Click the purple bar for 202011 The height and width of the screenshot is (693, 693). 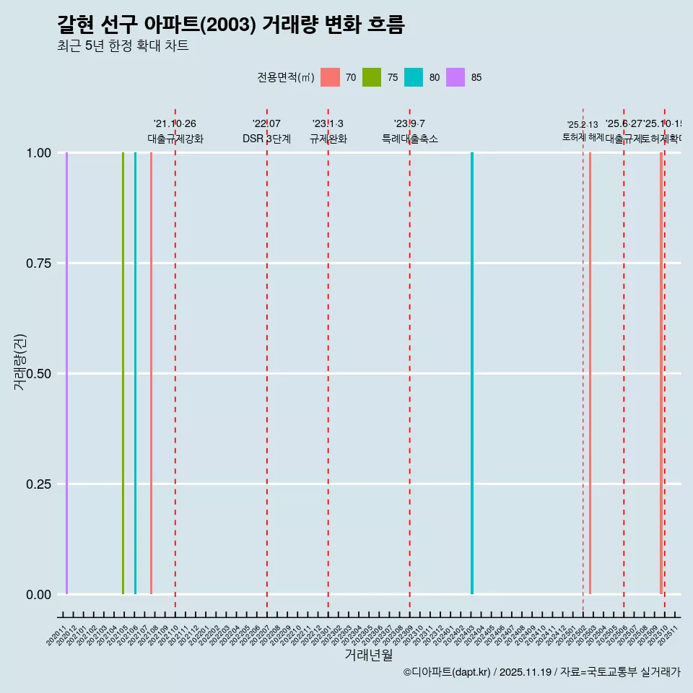tap(66, 373)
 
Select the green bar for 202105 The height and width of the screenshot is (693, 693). tap(123, 373)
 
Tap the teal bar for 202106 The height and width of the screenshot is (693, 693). tap(135, 373)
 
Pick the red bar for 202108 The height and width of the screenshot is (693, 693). tap(151, 373)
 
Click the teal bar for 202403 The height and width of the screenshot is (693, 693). tap(472, 373)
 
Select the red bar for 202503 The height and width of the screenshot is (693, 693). tap(590, 373)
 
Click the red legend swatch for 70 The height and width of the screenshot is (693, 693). tap(330, 77)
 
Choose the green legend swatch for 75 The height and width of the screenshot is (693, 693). tap(372, 77)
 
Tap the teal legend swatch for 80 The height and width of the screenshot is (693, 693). tap(414, 77)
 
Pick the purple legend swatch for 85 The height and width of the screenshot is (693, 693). tap(456, 77)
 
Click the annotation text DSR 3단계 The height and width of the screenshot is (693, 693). tap(266, 139)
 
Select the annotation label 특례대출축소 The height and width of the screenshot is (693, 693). tap(410, 139)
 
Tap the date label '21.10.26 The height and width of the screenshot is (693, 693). tap(175, 124)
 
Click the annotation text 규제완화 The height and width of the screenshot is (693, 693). tap(328, 139)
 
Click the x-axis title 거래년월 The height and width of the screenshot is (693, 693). tap(368, 655)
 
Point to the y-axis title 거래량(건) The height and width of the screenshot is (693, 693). tap(20, 362)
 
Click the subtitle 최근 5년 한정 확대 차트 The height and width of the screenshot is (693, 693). tap(123, 46)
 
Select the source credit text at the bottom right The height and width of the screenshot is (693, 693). tap(541, 672)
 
